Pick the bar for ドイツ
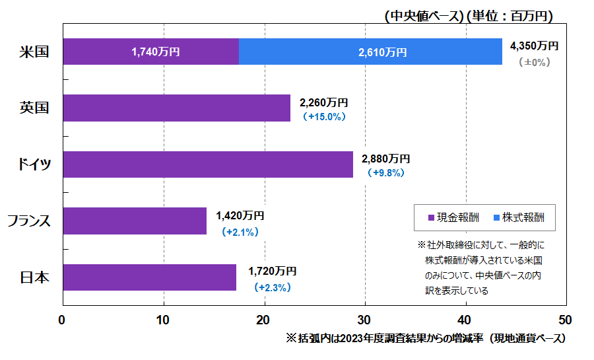(x=208, y=164)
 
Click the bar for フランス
(x=135, y=221)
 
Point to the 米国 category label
(x=34, y=52)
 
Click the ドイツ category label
(x=34, y=164)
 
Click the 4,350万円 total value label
(x=535, y=46)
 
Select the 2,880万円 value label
(x=386, y=159)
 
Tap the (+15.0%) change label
(x=324, y=117)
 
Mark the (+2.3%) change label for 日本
(x=273, y=288)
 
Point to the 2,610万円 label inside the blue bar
(x=383, y=52)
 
